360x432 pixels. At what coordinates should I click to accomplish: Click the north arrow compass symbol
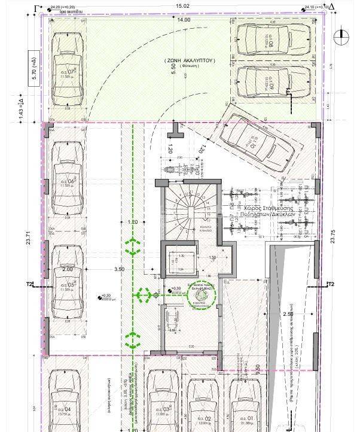pyautogui.click(x=342, y=36)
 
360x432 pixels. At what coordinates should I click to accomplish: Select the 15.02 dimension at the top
pyautogui.click(x=182, y=6)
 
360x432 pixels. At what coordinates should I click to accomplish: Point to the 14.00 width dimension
pyautogui.click(x=183, y=20)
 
